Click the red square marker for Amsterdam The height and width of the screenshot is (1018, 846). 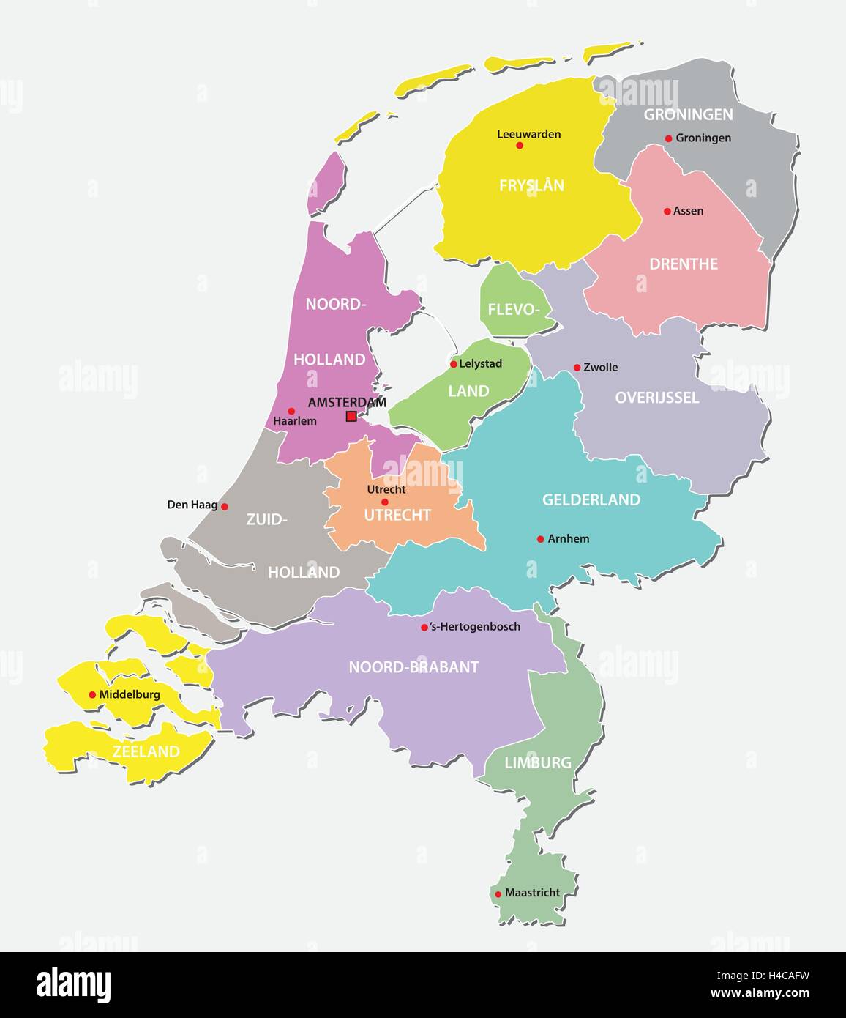(x=351, y=416)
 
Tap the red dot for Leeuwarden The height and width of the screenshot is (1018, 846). (x=520, y=145)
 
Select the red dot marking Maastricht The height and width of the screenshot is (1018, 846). (x=498, y=893)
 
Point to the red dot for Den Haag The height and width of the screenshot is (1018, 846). (x=225, y=506)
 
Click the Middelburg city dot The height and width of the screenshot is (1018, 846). (x=92, y=695)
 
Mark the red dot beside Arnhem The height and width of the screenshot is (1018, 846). (x=540, y=539)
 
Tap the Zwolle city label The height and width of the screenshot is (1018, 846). (x=600, y=367)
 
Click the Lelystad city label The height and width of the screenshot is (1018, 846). (x=480, y=363)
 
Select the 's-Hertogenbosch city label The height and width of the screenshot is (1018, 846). (x=475, y=626)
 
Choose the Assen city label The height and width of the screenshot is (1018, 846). (x=688, y=211)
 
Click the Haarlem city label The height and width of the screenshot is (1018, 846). (x=294, y=421)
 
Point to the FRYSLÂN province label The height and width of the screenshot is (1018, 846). (x=531, y=185)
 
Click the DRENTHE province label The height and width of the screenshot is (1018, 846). (x=684, y=264)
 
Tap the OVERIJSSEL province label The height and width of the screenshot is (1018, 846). (x=656, y=398)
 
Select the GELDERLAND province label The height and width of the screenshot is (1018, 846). (x=591, y=499)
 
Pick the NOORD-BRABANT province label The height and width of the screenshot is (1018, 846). (x=413, y=666)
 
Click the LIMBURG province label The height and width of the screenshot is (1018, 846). (x=537, y=762)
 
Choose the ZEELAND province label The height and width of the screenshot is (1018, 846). (x=146, y=751)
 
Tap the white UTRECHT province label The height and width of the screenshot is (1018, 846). (x=397, y=515)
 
